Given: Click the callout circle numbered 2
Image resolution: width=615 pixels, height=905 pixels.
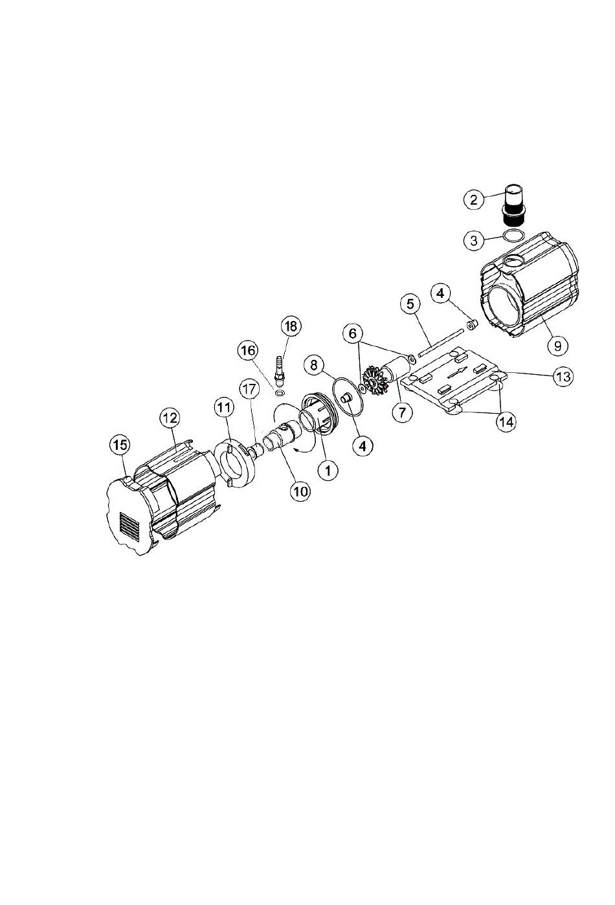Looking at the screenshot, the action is point(474,199).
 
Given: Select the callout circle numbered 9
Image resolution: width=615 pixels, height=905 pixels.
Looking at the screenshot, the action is point(557,346).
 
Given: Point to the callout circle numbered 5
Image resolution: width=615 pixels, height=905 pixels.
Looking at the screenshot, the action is point(410,304).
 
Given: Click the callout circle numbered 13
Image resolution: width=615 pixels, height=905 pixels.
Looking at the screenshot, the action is point(563,377).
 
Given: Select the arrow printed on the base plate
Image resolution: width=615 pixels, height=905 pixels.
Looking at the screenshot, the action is point(457,372).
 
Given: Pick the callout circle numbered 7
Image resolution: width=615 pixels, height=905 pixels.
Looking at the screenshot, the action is point(403,412).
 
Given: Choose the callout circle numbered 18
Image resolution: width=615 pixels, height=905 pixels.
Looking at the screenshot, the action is point(291,326).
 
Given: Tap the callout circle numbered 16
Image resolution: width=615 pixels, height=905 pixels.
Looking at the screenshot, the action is point(248,351).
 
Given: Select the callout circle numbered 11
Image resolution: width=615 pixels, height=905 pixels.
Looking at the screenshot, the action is point(224,408).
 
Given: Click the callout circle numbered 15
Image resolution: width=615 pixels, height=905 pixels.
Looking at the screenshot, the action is point(120,445).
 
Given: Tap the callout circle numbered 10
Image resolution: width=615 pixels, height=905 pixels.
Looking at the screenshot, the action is point(300,491).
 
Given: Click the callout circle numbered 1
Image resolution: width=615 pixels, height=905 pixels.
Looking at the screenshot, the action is point(328,470).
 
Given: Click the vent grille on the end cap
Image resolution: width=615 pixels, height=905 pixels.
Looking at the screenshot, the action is point(129,527).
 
